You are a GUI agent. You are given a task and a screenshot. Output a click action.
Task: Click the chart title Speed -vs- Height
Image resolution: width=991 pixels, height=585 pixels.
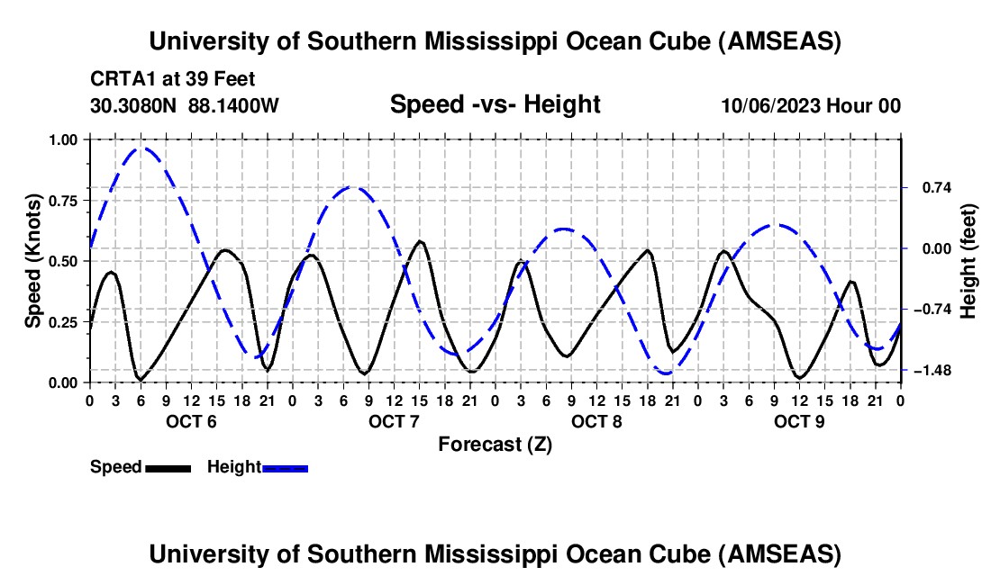(x=495, y=104)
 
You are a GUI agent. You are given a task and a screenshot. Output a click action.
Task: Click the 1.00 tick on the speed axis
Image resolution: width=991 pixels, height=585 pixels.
(x=62, y=139)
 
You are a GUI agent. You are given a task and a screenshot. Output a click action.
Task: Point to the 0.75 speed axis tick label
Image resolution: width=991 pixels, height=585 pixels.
(x=62, y=201)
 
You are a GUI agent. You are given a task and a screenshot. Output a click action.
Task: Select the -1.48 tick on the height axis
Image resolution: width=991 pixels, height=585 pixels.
(x=931, y=371)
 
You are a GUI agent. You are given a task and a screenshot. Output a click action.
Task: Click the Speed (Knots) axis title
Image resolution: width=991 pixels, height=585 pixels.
(x=33, y=261)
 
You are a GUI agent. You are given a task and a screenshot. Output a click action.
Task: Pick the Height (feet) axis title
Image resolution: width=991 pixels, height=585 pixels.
(x=968, y=261)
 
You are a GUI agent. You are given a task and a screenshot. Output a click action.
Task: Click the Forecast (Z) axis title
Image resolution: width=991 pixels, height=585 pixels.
(x=495, y=444)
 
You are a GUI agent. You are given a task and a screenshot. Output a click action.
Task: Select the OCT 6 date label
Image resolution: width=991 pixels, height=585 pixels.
(x=191, y=421)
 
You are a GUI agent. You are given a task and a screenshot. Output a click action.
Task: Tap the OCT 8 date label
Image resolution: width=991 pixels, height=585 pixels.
(x=596, y=421)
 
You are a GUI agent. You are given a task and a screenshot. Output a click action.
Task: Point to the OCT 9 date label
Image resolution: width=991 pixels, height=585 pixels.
(x=799, y=421)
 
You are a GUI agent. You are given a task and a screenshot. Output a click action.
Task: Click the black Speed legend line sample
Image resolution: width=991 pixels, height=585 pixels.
(x=168, y=467)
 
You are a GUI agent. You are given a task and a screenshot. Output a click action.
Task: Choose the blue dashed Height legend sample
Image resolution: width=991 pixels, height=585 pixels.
(x=285, y=467)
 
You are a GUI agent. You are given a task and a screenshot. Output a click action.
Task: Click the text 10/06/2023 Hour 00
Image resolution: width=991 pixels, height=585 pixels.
(x=811, y=105)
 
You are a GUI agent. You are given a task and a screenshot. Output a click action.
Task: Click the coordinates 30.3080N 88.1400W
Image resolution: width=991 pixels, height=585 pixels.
(x=185, y=105)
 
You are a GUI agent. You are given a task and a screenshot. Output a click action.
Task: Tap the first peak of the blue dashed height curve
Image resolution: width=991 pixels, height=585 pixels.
(x=141, y=148)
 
